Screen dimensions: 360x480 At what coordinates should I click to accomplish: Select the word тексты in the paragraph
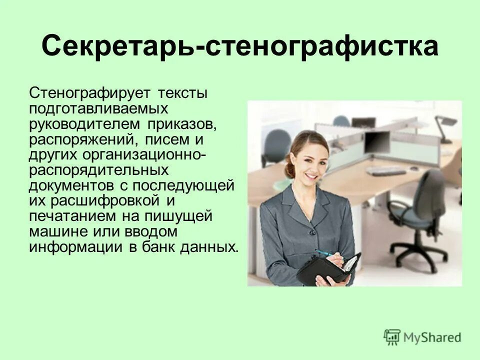(182, 93)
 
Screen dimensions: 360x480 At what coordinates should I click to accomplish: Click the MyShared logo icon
(392, 337)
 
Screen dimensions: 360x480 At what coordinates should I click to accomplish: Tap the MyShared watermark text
(432, 337)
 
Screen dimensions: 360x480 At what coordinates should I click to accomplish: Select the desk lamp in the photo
(444, 125)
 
